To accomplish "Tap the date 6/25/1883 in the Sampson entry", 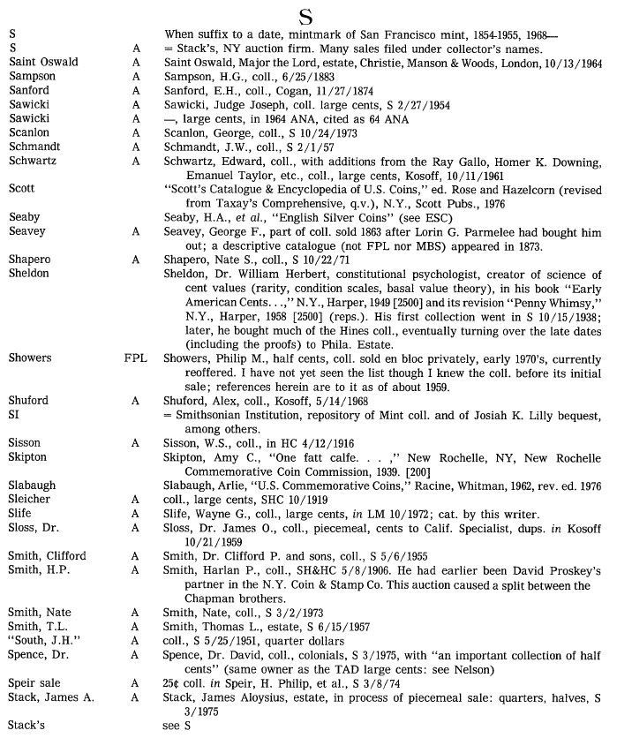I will pos(283,76).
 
